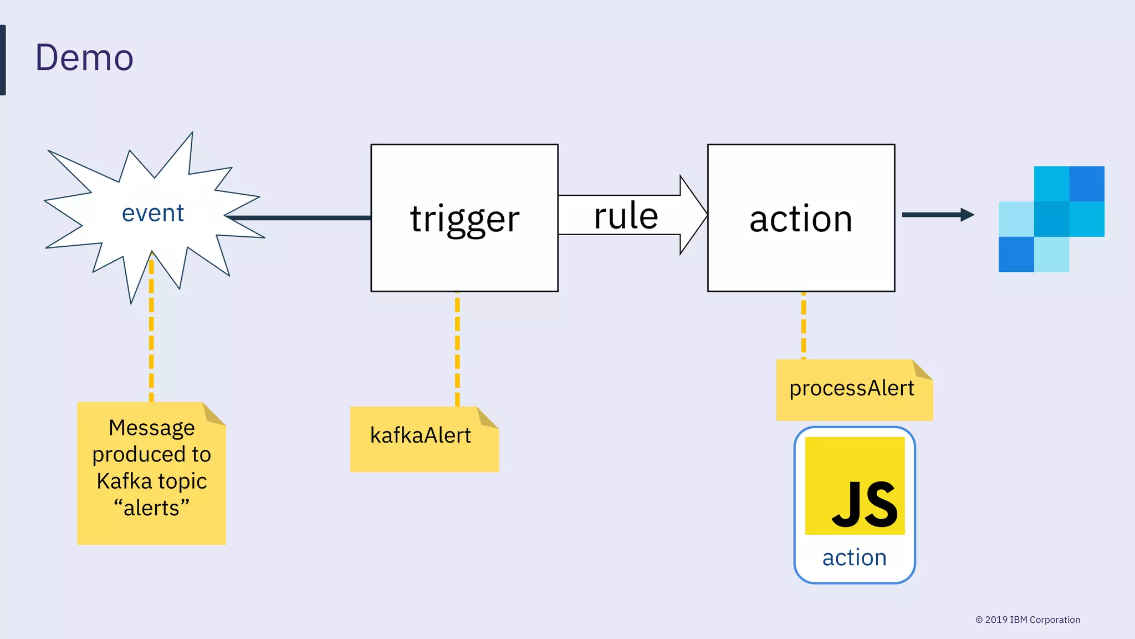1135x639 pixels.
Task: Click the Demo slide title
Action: [x=84, y=58]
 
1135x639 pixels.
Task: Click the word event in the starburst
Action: [x=152, y=213]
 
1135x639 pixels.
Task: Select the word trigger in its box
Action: [x=464, y=219]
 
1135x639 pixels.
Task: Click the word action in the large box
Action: [x=801, y=219]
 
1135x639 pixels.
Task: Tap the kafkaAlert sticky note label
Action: [x=420, y=435]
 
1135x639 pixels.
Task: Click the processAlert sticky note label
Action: [x=852, y=388]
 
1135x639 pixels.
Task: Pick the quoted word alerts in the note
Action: [x=151, y=508]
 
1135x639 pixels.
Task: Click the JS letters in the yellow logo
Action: [x=865, y=505]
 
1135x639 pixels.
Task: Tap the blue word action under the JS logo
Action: [x=854, y=557]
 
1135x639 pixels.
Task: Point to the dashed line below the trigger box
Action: [x=457, y=349]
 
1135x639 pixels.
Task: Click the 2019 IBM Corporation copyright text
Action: [x=1027, y=620]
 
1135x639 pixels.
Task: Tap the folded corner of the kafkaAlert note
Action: [x=486, y=418]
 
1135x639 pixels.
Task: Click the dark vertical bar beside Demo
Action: [x=3, y=60]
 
